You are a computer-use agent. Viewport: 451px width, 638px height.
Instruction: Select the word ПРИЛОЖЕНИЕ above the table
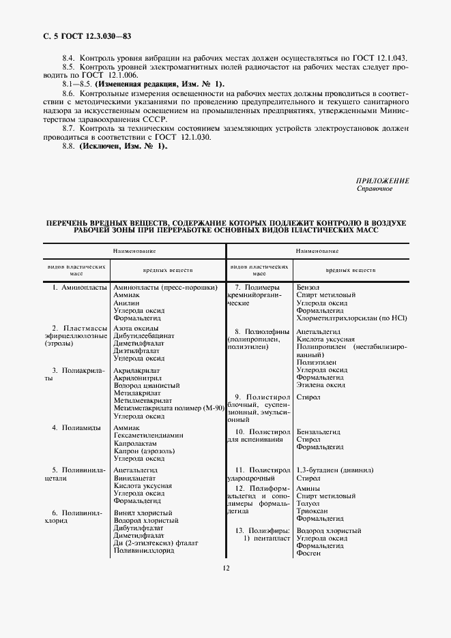(x=383, y=181)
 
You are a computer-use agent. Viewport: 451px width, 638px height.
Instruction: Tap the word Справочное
(x=375, y=189)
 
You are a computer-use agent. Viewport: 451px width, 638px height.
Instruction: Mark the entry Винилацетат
(x=135, y=478)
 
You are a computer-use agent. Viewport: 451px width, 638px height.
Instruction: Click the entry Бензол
(x=308, y=288)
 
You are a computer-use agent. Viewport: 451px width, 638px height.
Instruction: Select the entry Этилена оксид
(x=321, y=385)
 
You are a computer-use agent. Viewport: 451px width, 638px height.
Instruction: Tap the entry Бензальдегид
(x=319, y=431)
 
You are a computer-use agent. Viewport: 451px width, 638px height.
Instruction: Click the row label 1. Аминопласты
(x=80, y=288)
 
